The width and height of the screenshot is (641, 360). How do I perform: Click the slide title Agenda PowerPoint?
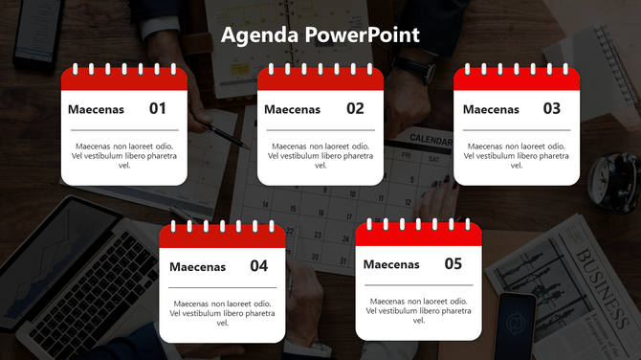coord(320,36)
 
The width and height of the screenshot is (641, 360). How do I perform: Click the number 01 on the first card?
coord(158,109)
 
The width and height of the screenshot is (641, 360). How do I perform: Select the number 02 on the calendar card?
coord(355,109)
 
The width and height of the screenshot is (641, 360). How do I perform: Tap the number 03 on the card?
coord(552,109)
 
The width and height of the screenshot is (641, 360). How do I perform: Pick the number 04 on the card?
coord(259,266)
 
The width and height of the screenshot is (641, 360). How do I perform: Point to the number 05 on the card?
coord(453,264)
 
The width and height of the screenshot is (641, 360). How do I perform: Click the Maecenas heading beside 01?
coord(96,110)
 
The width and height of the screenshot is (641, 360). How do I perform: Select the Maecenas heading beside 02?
coord(292,110)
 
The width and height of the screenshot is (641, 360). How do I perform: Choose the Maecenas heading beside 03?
coord(491,110)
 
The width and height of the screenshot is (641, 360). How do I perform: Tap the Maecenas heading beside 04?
coord(197,267)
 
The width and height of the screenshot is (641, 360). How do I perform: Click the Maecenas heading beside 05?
coord(391,265)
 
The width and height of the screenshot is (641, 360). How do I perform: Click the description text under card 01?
coord(124,155)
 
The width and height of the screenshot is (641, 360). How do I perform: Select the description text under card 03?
coord(517,155)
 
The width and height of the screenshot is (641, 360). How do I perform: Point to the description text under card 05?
coord(418,310)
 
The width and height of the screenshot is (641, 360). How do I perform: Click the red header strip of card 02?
coord(320,80)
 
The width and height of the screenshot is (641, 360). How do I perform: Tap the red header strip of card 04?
coord(223,237)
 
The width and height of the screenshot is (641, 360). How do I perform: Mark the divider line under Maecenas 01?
coord(124,129)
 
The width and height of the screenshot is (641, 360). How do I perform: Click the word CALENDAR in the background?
coord(431,140)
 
